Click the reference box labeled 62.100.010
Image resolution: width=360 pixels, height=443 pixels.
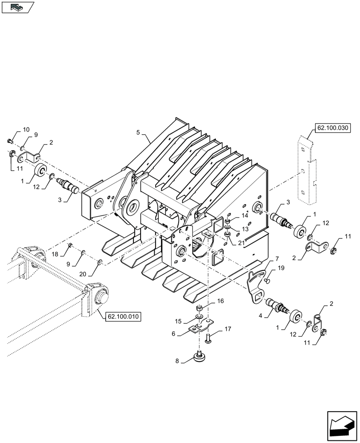pyautogui.click(x=122, y=316)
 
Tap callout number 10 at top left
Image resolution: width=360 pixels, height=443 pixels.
pyautogui.click(x=26, y=129)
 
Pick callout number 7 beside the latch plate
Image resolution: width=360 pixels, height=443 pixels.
pyautogui.click(x=277, y=259)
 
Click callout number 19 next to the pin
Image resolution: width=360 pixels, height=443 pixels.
pyautogui.click(x=281, y=268)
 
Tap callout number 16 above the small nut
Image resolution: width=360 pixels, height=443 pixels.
pyautogui.click(x=220, y=301)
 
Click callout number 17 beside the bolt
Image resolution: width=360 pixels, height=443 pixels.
pyautogui.click(x=227, y=329)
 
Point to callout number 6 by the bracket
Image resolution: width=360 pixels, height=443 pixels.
pyautogui.click(x=174, y=334)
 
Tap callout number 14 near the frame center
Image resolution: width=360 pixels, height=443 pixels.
pyautogui.click(x=245, y=215)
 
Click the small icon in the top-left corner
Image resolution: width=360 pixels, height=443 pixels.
pyautogui.click(x=18, y=7)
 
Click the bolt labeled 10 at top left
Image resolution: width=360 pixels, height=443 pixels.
pyautogui.click(x=10, y=141)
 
